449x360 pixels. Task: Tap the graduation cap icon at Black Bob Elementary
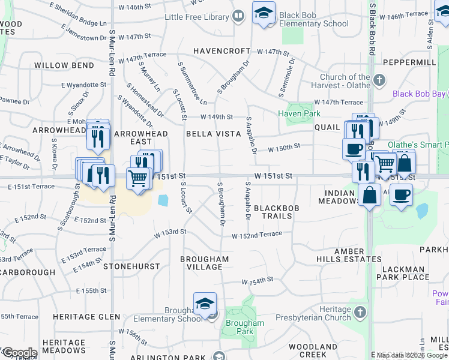coord(263,13)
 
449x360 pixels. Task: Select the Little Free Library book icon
coord(238,16)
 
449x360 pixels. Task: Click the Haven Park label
coord(298,113)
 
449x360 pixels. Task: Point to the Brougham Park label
coord(245,327)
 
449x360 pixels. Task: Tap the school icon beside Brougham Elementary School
coord(205,304)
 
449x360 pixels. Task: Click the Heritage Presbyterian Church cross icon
coord(360,312)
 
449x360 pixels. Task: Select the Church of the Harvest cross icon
coord(379,80)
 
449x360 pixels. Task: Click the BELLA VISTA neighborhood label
coord(213,134)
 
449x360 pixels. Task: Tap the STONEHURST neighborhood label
coord(131,266)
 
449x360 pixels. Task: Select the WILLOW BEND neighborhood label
coord(64,65)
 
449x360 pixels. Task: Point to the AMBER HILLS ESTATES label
coord(349,255)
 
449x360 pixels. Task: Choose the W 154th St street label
coord(258,280)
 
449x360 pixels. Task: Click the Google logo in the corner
coord(19,352)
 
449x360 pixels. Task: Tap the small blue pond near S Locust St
coord(163,200)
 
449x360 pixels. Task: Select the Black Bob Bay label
coord(419,94)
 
